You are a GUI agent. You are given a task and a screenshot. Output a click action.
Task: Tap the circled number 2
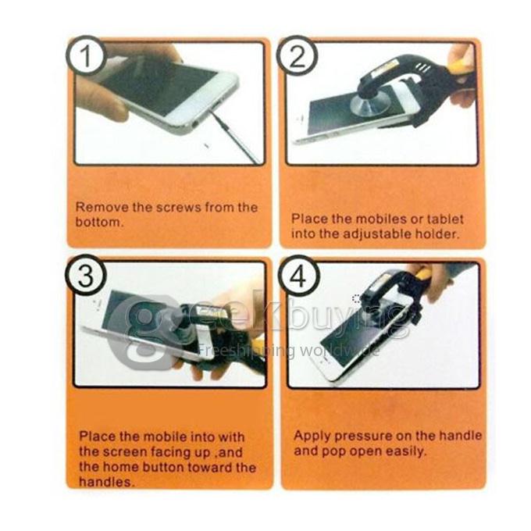[x=297, y=56]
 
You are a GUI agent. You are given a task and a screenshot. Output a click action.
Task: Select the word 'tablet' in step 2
[x=450, y=219]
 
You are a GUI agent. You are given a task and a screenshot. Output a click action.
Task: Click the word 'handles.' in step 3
[x=104, y=482]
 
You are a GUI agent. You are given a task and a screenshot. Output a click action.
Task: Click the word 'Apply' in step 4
[x=310, y=436]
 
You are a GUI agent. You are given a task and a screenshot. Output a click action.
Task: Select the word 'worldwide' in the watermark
[x=344, y=350]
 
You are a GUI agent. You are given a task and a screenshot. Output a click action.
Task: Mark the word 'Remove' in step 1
[x=98, y=208]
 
